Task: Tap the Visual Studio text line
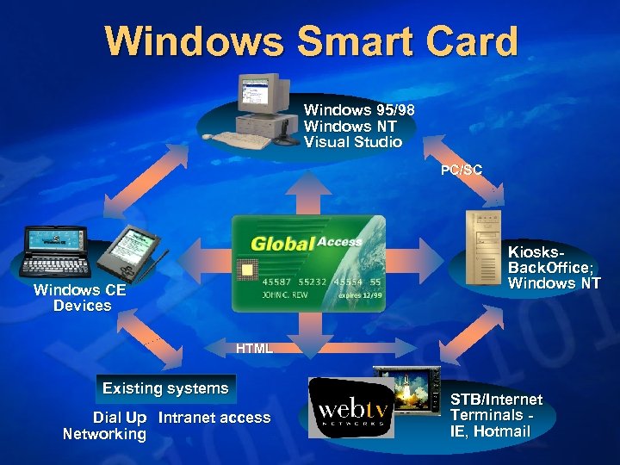pos(352,141)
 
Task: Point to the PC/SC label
pos(462,170)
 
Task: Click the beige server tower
pos(482,245)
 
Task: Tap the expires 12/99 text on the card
pos(359,294)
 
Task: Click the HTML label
pos(254,349)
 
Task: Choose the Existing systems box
pos(165,388)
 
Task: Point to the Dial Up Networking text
pos(105,425)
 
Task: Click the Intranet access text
pos(214,418)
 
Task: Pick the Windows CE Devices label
pos(80,298)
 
